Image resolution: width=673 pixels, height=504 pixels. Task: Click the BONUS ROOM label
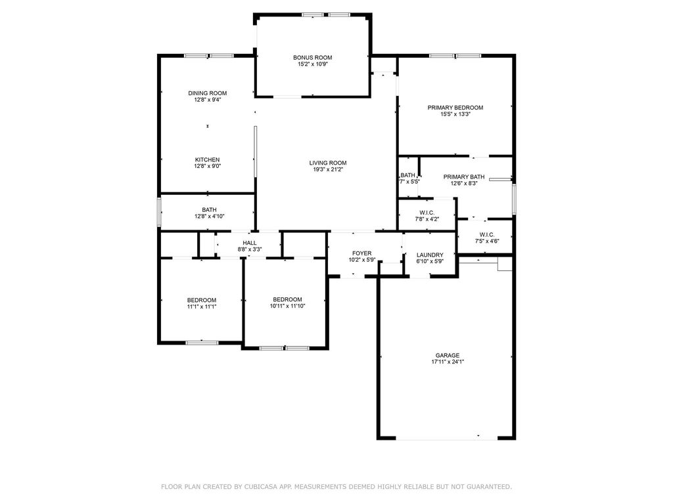pyautogui.click(x=312, y=58)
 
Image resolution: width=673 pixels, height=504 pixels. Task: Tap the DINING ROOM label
pyautogui.click(x=207, y=93)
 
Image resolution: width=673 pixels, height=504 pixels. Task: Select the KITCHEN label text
pyautogui.click(x=207, y=160)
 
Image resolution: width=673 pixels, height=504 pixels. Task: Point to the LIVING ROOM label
pyautogui.click(x=328, y=163)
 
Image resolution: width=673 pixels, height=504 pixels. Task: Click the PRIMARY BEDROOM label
pyautogui.click(x=455, y=108)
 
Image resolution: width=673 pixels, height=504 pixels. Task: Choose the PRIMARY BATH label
pyautogui.click(x=464, y=177)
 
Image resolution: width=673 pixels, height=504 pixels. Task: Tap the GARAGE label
pyautogui.click(x=448, y=355)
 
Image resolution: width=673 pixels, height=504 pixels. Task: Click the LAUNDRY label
pyautogui.click(x=430, y=255)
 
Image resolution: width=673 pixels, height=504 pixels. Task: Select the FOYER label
pyautogui.click(x=362, y=253)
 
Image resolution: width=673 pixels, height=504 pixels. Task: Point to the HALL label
pyautogui.click(x=250, y=243)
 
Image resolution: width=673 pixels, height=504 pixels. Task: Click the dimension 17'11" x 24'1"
pyautogui.click(x=448, y=362)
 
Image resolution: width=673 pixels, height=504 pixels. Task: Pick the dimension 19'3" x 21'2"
pyautogui.click(x=328, y=169)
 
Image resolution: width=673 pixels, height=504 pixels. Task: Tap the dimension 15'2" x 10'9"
pyautogui.click(x=313, y=64)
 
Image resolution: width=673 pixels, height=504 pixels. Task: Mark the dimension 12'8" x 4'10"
pyautogui.click(x=210, y=217)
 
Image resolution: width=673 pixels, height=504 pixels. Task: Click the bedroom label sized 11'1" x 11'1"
pyautogui.click(x=202, y=300)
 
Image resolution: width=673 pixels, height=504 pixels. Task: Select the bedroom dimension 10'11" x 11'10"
pyautogui.click(x=288, y=306)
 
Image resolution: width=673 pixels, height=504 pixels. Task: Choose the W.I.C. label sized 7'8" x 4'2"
pyautogui.click(x=427, y=213)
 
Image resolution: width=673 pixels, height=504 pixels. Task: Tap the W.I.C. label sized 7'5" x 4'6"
pyautogui.click(x=487, y=234)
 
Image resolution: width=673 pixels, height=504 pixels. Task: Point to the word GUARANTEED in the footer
pyautogui.click(x=488, y=487)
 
